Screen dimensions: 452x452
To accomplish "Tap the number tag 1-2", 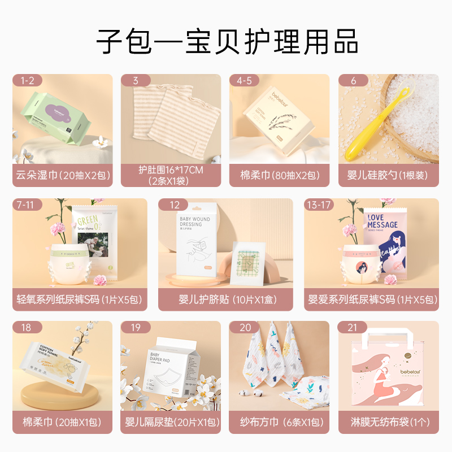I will coord(28,81).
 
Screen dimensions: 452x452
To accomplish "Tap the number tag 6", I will coord(354,81).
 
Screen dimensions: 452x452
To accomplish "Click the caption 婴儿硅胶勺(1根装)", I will coord(388,175).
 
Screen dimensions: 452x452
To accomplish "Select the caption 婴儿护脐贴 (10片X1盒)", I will coord(225,299).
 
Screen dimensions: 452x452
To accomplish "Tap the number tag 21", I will coord(353,328).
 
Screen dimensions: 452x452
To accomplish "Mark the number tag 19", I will coord(136,328).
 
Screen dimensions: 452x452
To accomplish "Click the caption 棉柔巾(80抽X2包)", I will coord(279,175).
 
